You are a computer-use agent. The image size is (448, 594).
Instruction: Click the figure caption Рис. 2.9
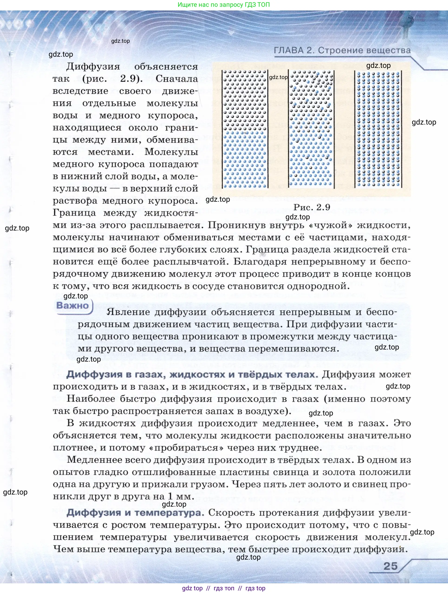click(x=312, y=207)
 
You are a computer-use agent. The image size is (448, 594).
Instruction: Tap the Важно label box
click(x=72, y=306)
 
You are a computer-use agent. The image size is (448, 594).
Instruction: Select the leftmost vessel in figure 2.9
click(x=245, y=129)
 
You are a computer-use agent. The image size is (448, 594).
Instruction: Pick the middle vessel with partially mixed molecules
click(x=311, y=129)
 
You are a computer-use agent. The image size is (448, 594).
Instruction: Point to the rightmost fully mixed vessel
click(x=378, y=129)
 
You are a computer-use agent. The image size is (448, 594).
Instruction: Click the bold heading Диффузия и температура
click(x=135, y=513)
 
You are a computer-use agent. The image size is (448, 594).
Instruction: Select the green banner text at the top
click(x=224, y=5)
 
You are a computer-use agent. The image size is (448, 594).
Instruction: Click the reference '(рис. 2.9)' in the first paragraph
click(x=112, y=79)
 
